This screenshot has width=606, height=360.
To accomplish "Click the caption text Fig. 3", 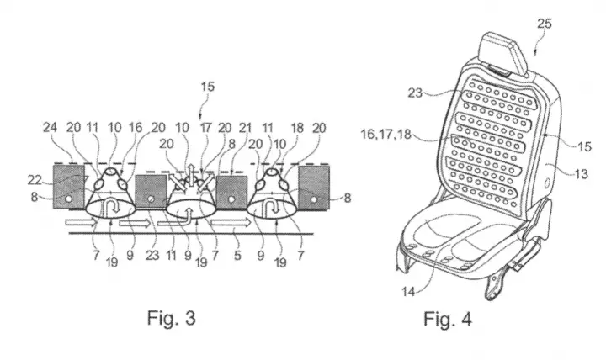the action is click(171, 318).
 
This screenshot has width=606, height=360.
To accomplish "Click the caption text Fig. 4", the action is click(448, 319).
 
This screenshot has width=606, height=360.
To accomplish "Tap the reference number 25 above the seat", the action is click(545, 24).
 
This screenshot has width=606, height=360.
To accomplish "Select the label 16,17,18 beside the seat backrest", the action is click(386, 135).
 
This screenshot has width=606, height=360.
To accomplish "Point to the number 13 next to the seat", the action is click(581, 174).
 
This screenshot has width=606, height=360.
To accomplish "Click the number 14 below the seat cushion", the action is click(408, 291).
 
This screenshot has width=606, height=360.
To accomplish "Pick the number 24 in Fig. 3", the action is click(50, 127).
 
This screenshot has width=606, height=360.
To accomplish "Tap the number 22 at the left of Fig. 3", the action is click(34, 180).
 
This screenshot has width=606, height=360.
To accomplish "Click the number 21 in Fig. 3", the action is click(245, 128).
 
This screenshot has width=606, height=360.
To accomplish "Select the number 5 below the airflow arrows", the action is click(237, 255).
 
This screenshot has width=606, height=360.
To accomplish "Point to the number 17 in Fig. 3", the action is click(205, 128).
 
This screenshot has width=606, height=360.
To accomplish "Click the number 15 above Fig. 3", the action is click(207, 86).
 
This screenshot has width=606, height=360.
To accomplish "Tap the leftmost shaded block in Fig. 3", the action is click(69, 187).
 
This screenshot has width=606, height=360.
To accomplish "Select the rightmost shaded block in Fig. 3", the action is click(314, 188).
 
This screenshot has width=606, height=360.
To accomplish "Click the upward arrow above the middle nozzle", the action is click(191, 170).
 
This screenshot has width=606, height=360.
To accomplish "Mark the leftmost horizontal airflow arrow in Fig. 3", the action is click(81, 223).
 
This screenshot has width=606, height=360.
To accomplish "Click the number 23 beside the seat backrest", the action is click(415, 93).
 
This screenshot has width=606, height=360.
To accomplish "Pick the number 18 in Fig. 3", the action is click(297, 128).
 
